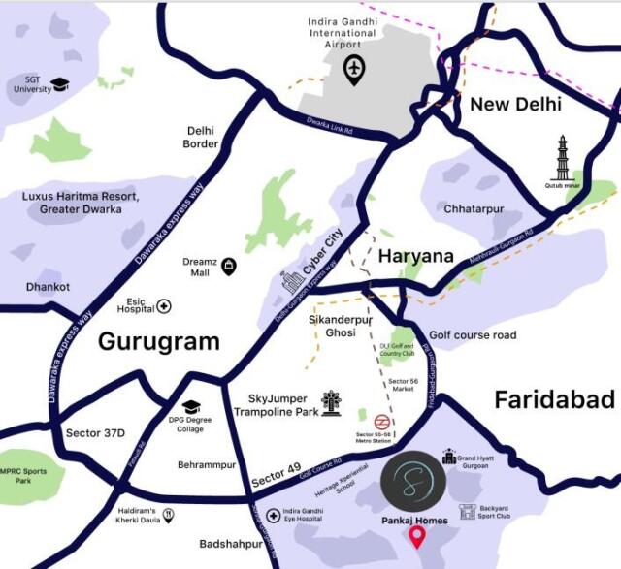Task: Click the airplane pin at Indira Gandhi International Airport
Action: (x=354, y=70)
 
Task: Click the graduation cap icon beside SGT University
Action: (x=61, y=84)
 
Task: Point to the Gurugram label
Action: (x=158, y=342)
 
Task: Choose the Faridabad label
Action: (x=554, y=398)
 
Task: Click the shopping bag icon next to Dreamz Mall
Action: (x=228, y=266)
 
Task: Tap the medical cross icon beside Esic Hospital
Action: (x=164, y=306)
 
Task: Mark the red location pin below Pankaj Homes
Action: (x=417, y=536)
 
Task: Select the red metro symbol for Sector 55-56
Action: (x=382, y=423)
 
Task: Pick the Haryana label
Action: (x=415, y=256)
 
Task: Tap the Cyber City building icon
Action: (x=292, y=282)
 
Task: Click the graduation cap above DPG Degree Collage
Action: (x=191, y=407)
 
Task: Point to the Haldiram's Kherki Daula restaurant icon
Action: (x=169, y=515)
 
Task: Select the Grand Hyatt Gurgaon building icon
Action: (x=449, y=456)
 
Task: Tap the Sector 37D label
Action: (x=94, y=432)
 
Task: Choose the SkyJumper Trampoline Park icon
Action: (x=332, y=402)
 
